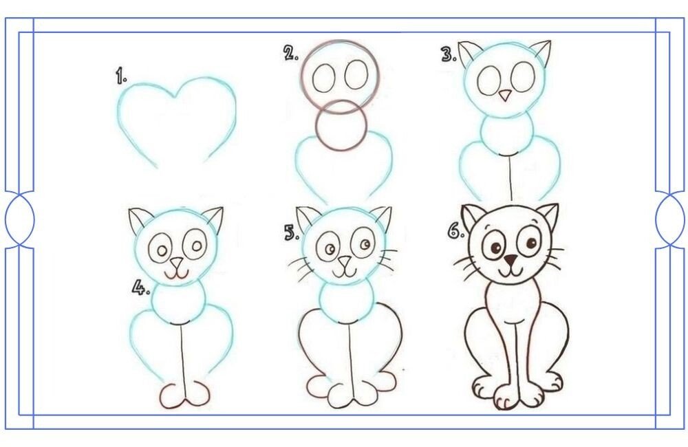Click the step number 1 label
tap(121, 76)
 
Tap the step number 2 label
tap(291, 54)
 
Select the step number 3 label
tap(449, 54)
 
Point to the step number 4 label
tap(141, 287)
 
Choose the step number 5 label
tap(291, 232)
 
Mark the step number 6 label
tap(455, 230)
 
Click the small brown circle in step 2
tap(341, 125)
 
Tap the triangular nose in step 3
tap(505, 95)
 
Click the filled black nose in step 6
tap(510, 260)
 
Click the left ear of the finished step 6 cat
tap(473, 217)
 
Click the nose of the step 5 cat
tap(345, 262)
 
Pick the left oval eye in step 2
tap(324, 78)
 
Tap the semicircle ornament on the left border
tap(20, 219)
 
